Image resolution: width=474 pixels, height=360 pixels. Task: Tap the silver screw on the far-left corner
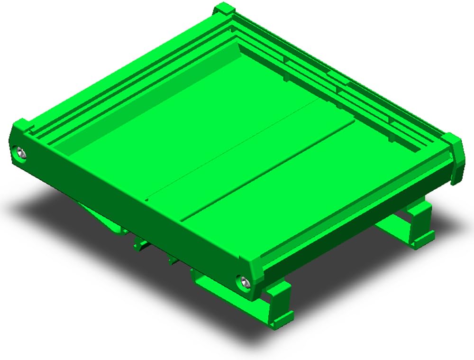21,153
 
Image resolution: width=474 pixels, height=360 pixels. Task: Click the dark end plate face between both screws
133,213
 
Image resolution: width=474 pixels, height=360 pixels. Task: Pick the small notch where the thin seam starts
147,199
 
